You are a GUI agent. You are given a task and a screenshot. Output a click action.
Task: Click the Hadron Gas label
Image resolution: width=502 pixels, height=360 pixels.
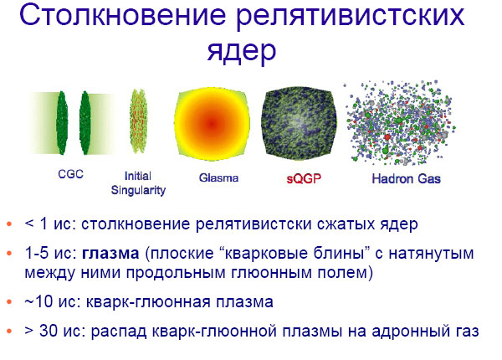pyautogui.click(x=406, y=178)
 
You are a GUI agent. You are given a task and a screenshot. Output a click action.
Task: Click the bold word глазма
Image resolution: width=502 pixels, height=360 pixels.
pyautogui.click(x=113, y=254)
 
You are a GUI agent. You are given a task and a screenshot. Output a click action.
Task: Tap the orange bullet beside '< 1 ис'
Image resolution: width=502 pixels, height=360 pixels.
pyautogui.click(x=9, y=225)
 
